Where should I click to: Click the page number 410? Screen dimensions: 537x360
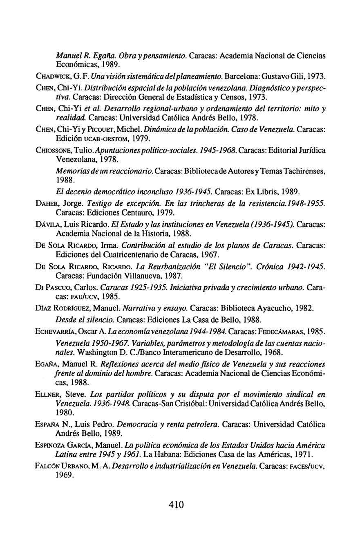pos(177,504)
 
